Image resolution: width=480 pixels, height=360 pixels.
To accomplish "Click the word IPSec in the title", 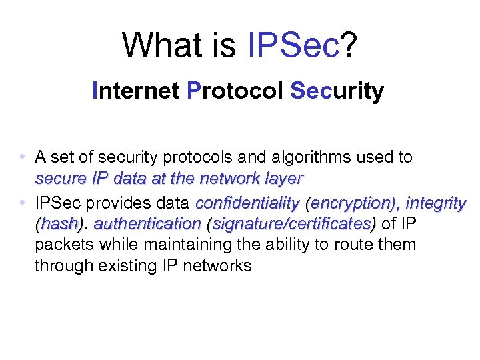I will [293, 45].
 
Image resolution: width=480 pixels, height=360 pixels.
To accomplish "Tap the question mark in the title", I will [350, 45].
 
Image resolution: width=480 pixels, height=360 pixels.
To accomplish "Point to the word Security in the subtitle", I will [337, 91].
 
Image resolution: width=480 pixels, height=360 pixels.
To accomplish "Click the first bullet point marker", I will [23, 158].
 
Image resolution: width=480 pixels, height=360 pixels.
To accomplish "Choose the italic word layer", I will [283, 179].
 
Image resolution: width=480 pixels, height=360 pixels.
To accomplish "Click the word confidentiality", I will [247, 203].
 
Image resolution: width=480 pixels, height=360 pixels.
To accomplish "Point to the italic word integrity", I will [436, 203].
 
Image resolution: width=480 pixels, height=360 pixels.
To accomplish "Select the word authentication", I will [147, 223].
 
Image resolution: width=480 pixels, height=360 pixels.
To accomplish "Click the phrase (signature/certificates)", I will [292, 223].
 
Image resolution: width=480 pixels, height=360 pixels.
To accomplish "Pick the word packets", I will [65, 245].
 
